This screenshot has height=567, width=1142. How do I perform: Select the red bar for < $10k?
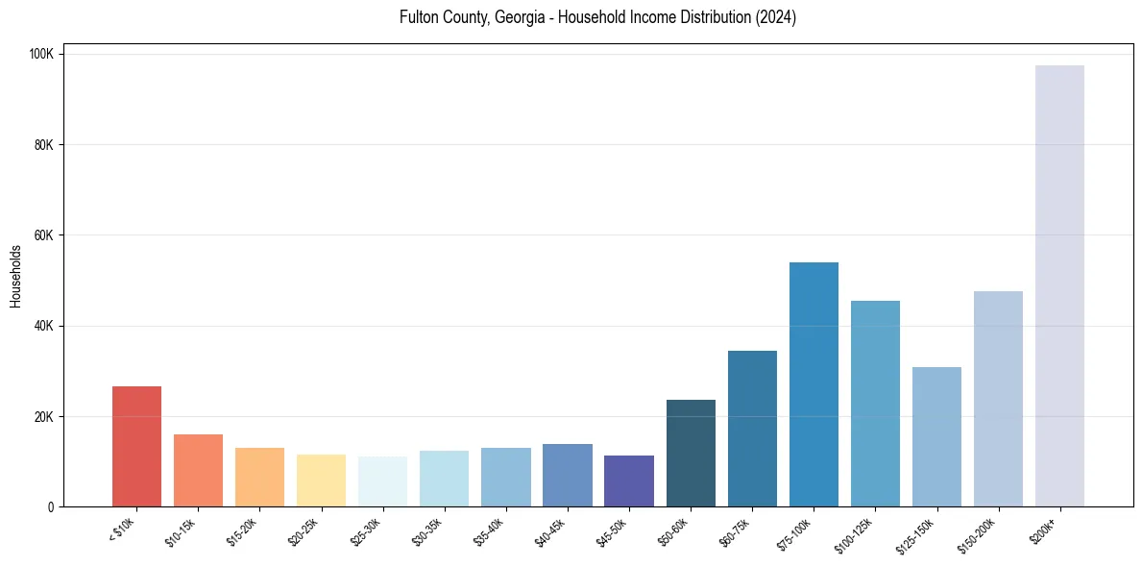[136, 446]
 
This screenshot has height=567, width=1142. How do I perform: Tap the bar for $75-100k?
[814, 384]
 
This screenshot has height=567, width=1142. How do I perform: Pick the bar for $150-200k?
[998, 399]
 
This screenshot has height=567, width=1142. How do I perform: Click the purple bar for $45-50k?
[629, 481]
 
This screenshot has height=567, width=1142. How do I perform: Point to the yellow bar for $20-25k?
[321, 480]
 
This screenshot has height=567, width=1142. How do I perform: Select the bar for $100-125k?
[875, 404]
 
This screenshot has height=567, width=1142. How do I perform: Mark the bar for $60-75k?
[752, 429]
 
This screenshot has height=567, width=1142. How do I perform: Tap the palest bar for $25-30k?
[382, 481]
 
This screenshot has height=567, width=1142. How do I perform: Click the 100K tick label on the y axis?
[39, 55]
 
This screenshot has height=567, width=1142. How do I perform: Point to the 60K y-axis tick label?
[42, 235]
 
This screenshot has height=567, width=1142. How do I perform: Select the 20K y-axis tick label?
[42, 416]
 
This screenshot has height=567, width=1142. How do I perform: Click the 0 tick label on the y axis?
[52, 506]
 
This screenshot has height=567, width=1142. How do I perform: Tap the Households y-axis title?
[15, 276]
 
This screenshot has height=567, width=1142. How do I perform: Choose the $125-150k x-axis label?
[917, 534]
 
